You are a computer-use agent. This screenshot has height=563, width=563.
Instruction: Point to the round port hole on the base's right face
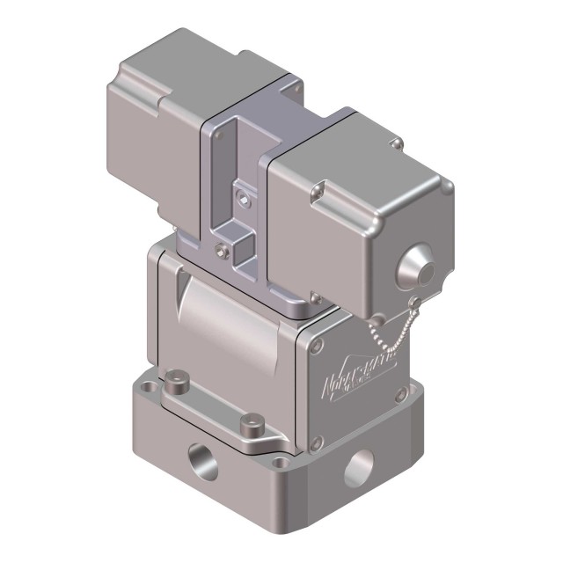[x=358, y=467]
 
